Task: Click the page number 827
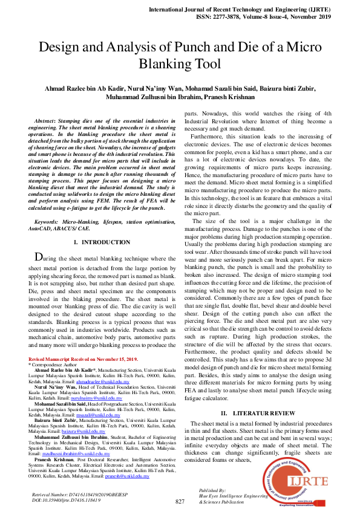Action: [180, 502]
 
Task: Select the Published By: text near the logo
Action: [212, 490]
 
